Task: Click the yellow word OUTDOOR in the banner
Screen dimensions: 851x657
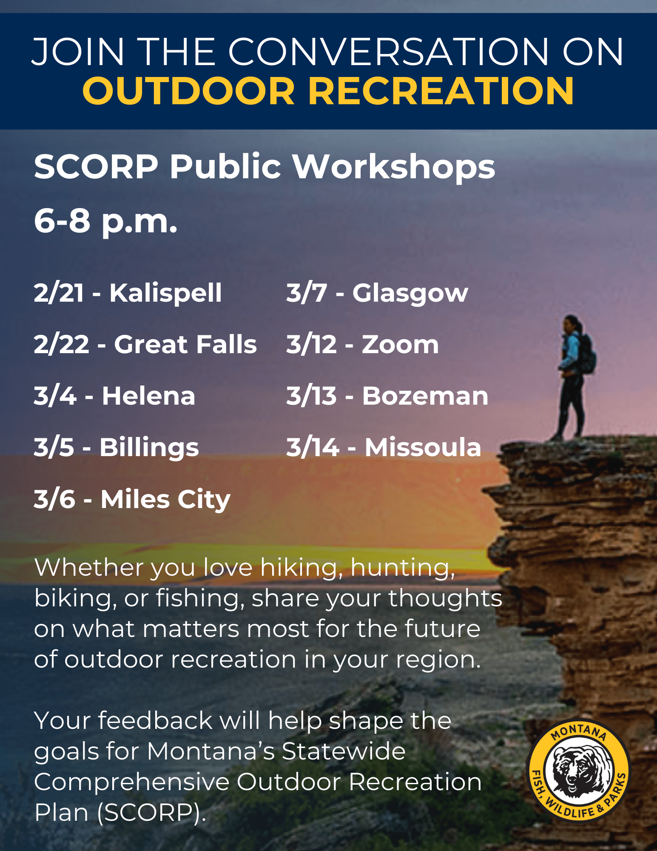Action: [189, 91]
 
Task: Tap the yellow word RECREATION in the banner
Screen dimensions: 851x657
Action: [441, 91]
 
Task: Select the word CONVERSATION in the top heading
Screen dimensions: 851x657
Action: [389, 52]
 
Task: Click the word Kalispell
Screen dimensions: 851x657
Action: [165, 293]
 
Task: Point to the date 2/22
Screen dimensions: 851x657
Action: [61, 344]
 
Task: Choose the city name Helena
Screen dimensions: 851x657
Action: [148, 396]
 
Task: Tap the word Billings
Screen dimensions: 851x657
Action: [149, 448]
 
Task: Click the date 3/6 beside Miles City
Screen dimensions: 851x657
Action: [54, 500]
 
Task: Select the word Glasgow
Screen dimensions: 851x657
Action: [410, 293]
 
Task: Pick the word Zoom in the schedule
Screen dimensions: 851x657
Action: [400, 344]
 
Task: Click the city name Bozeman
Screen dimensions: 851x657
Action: [425, 396]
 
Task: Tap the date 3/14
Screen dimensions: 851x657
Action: [313, 448]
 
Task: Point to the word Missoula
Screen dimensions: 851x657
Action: [423, 448]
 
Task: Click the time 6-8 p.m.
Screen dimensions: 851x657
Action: [105, 222]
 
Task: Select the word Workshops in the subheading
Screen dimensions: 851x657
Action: [394, 166]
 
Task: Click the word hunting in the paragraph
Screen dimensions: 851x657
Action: [402, 568]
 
